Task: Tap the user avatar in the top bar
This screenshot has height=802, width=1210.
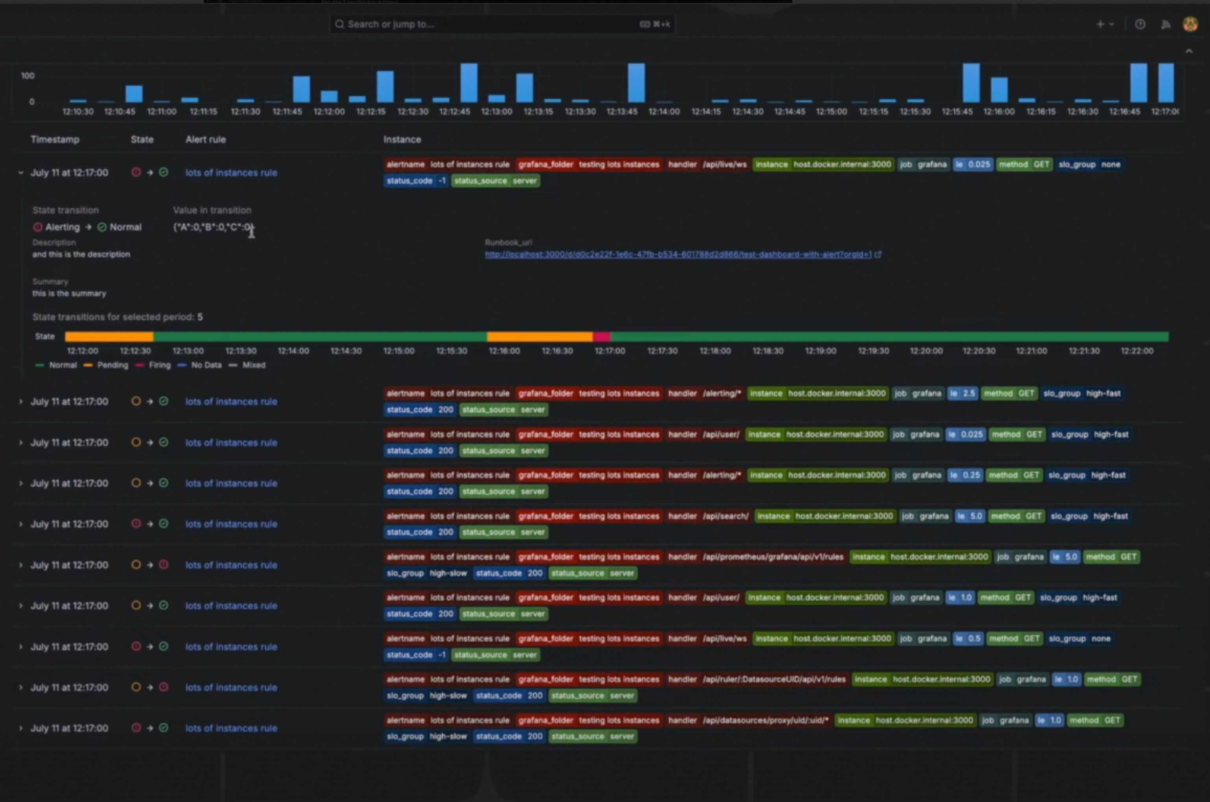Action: tap(1190, 24)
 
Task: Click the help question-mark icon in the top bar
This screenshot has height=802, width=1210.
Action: tap(1140, 24)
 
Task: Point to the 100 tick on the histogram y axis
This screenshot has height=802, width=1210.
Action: tap(28, 76)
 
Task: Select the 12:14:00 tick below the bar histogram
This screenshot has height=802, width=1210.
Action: tap(664, 112)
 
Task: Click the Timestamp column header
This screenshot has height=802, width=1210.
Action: tap(55, 139)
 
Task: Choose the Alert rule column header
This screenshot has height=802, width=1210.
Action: tap(205, 139)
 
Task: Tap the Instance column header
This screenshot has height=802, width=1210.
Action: tap(402, 139)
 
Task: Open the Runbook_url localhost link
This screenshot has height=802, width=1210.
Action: tap(678, 254)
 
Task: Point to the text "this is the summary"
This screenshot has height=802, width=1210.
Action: tap(69, 293)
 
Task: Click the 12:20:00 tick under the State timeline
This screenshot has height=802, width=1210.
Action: tap(926, 351)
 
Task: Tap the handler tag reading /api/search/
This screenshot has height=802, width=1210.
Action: tap(708, 516)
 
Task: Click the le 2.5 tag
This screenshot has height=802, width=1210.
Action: tap(962, 393)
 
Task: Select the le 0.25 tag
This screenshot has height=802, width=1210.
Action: tap(965, 475)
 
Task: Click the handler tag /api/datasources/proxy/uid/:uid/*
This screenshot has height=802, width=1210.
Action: tap(749, 720)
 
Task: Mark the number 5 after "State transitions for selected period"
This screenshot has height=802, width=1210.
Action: tap(200, 317)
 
